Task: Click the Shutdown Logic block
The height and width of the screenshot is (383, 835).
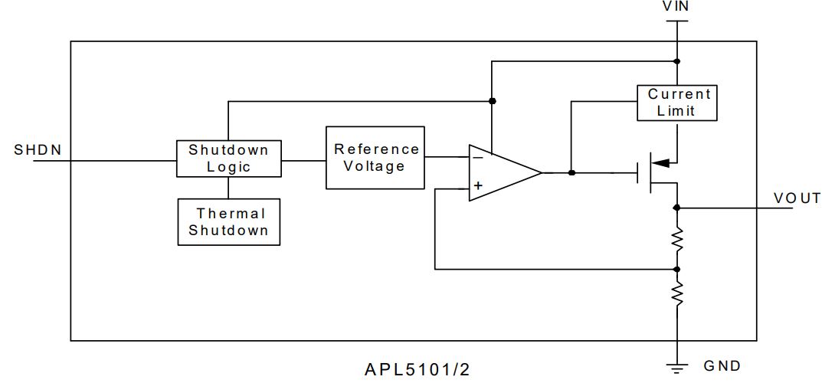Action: (x=228, y=158)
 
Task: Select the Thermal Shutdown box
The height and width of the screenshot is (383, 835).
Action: (x=228, y=222)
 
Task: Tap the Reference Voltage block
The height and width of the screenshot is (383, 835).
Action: (x=375, y=158)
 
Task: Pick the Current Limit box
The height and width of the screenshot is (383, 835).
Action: (x=678, y=103)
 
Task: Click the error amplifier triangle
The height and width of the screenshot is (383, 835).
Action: (x=502, y=172)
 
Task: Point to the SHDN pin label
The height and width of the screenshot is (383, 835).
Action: (x=38, y=150)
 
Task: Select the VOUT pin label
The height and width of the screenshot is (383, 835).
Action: (x=797, y=198)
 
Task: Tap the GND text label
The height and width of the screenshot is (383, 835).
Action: (x=722, y=366)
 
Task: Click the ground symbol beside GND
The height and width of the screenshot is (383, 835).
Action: (x=677, y=368)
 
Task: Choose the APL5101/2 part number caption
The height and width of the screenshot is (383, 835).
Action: (x=417, y=371)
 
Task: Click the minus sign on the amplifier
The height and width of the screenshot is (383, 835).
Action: (x=478, y=157)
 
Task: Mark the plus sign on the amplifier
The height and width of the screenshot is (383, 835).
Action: (x=478, y=185)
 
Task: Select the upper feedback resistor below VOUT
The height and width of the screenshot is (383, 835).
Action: (x=677, y=239)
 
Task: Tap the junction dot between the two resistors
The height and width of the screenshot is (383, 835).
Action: (x=677, y=270)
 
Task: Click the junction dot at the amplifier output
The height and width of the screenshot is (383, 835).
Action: (x=571, y=172)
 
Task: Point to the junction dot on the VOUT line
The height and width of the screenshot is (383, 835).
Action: (x=677, y=208)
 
